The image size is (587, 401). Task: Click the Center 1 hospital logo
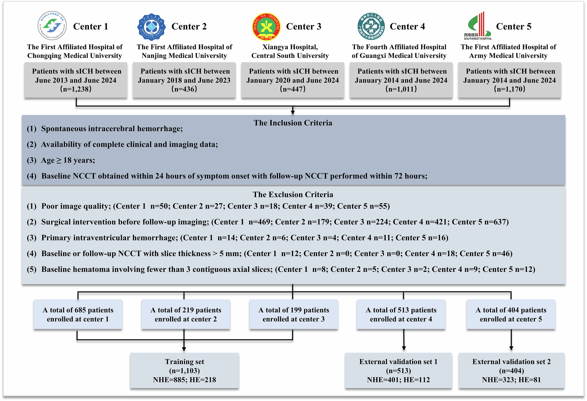click(x=52, y=26)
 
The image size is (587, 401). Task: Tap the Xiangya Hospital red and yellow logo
click(x=266, y=27)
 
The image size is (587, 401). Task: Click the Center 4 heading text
click(x=407, y=27)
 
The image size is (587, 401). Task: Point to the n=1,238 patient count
click(x=76, y=89)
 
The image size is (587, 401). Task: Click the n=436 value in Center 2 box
click(x=184, y=89)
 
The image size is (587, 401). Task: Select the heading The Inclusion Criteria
click(x=293, y=123)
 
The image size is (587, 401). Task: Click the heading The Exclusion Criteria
click(x=293, y=194)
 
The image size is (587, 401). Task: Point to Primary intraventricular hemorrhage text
click(x=109, y=238)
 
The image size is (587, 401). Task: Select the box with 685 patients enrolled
click(x=78, y=314)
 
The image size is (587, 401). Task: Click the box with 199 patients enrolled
click(x=293, y=314)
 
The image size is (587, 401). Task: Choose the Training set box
click(x=184, y=371)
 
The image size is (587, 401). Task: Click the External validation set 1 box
click(x=398, y=371)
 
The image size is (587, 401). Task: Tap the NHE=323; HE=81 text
click(x=511, y=380)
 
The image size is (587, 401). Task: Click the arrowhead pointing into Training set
click(x=184, y=349)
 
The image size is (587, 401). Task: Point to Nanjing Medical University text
click(x=184, y=56)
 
